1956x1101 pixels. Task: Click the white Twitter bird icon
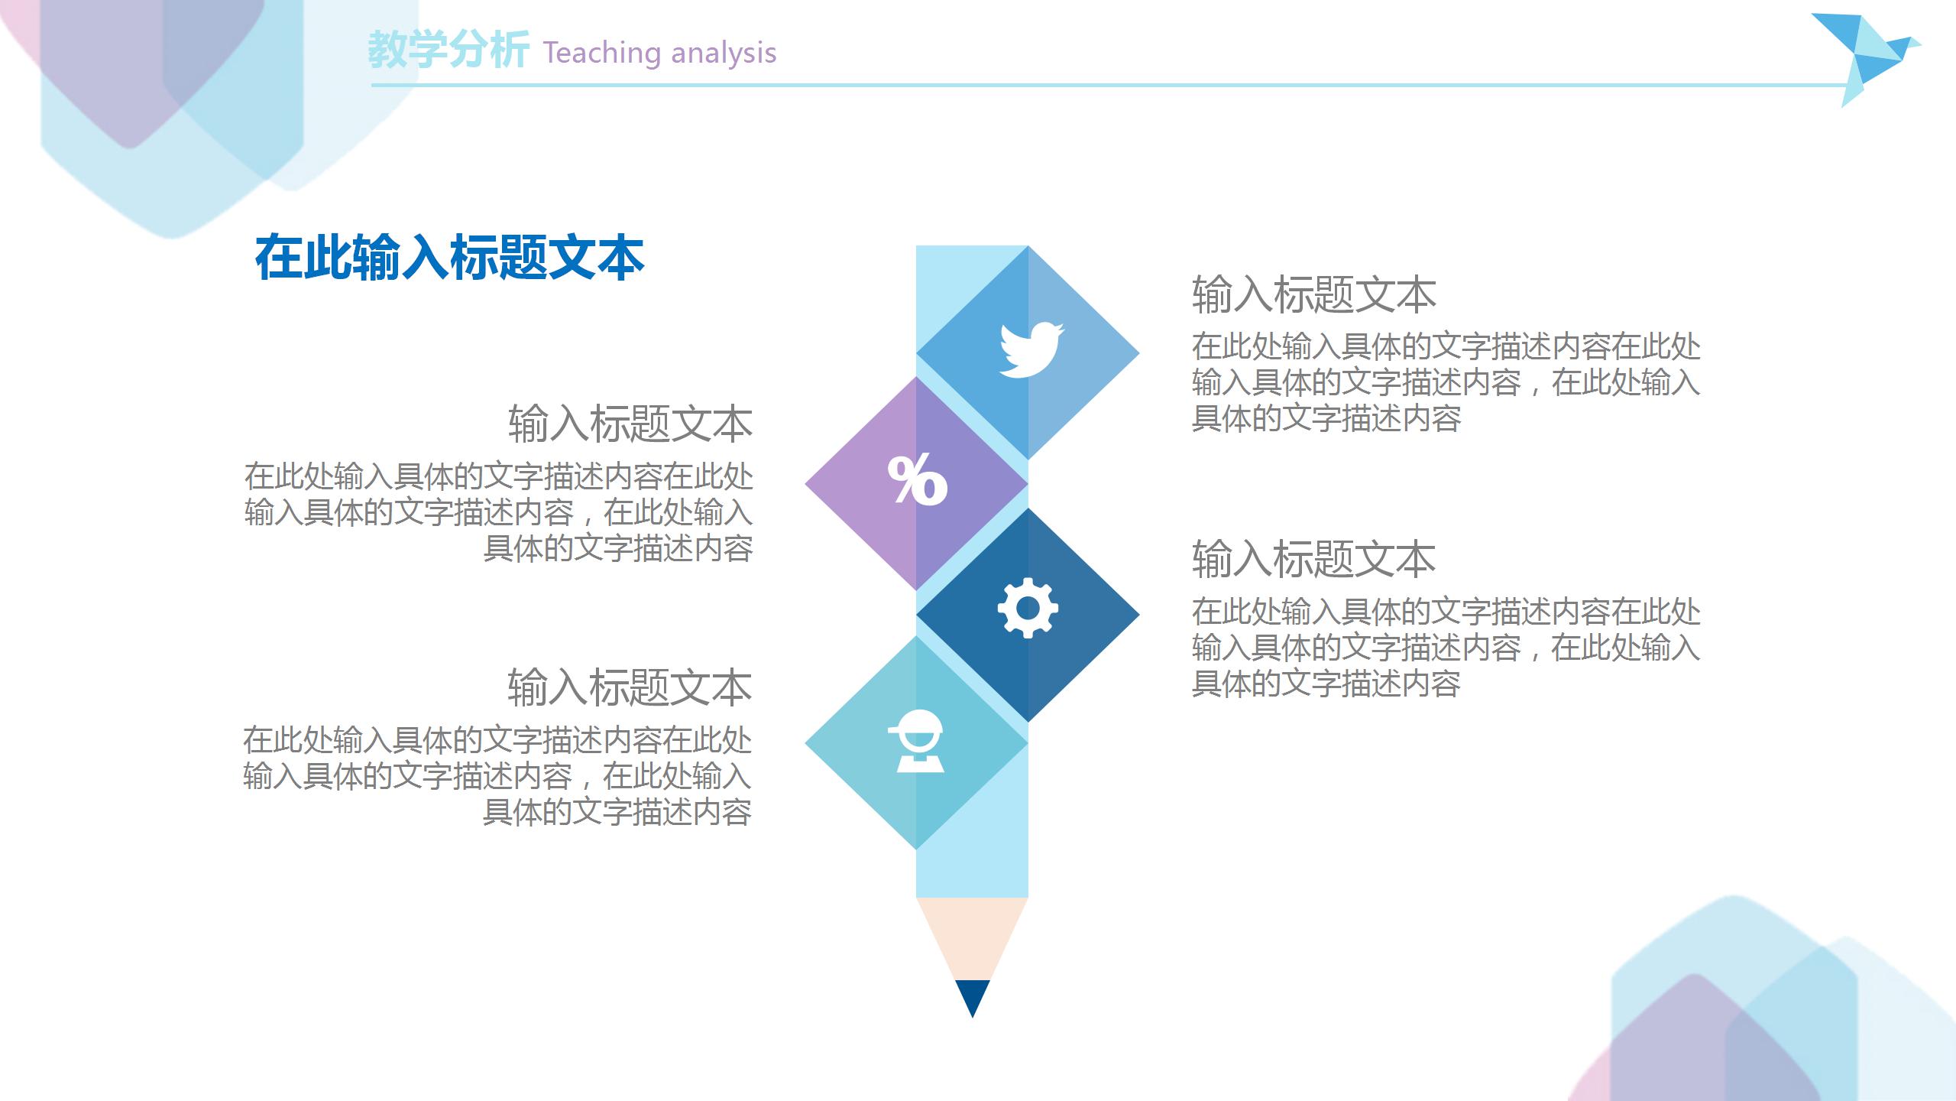click(1031, 350)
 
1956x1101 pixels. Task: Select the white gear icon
click(1028, 608)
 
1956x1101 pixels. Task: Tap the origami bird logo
click(1864, 58)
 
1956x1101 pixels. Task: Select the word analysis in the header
click(724, 53)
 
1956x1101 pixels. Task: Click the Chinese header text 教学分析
click(448, 50)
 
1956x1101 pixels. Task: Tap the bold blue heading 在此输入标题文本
click(449, 258)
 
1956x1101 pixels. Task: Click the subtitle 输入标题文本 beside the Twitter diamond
click(1313, 295)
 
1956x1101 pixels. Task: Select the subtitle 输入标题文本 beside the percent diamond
click(630, 424)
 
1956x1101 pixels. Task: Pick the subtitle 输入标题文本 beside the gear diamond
click(1313, 559)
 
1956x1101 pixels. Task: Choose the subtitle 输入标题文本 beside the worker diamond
click(630, 687)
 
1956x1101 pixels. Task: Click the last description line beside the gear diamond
click(1326, 684)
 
